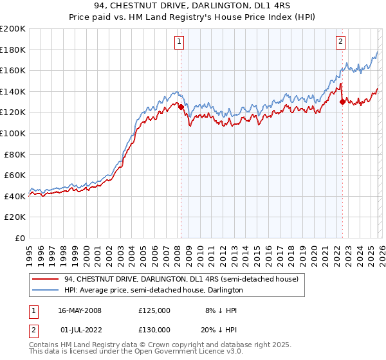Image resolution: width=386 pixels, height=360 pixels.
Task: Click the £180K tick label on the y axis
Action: (x=12, y=50)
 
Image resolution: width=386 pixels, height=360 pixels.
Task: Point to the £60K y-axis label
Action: (x=14, y=175)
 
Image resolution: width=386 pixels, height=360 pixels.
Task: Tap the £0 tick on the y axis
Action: (x=19, y=238)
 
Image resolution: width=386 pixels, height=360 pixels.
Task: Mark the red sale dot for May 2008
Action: (x=181, y=107)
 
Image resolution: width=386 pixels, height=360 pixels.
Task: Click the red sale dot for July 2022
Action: (x=342, y=102)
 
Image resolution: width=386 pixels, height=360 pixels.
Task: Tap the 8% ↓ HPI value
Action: (x=211, y=310)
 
